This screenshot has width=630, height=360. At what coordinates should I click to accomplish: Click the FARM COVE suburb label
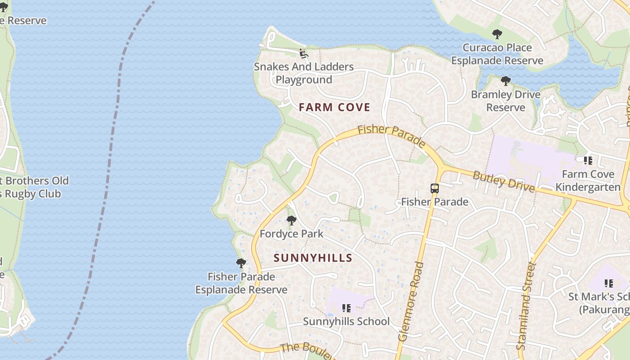pos(334,107)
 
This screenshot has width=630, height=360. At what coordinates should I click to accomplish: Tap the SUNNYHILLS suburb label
pos(313,258)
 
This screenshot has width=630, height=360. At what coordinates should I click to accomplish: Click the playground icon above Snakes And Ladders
pos(304,54)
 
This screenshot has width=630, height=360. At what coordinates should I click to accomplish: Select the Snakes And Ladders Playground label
pos(304,73)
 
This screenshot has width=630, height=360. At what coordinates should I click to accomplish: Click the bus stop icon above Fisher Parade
pos(435,189)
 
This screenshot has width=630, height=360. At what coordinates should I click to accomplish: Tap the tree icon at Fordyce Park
pos(292,220)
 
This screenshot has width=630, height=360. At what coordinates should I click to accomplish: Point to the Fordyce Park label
pos(292,234)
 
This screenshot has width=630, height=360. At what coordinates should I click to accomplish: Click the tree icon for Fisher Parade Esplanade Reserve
pos(241,263)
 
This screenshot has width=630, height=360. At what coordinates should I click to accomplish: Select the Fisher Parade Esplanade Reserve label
pos(241,283)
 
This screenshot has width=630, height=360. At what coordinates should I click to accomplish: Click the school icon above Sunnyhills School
pos(346,308)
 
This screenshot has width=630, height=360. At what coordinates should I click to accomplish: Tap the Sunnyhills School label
pos(346,321)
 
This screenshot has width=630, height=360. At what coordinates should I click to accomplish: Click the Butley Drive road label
pos(503,180)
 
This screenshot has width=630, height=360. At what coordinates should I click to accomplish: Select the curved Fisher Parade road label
pos(391,136)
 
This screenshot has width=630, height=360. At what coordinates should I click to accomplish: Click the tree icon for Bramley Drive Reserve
pos(506,81)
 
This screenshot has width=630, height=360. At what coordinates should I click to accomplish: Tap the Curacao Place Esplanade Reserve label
pos(497,54)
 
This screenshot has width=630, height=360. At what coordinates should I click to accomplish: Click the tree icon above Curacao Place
pos(497,34)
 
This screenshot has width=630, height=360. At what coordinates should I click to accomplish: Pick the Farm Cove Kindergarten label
pos(588,180)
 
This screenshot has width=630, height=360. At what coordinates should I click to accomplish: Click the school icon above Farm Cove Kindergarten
pos(588,160)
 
